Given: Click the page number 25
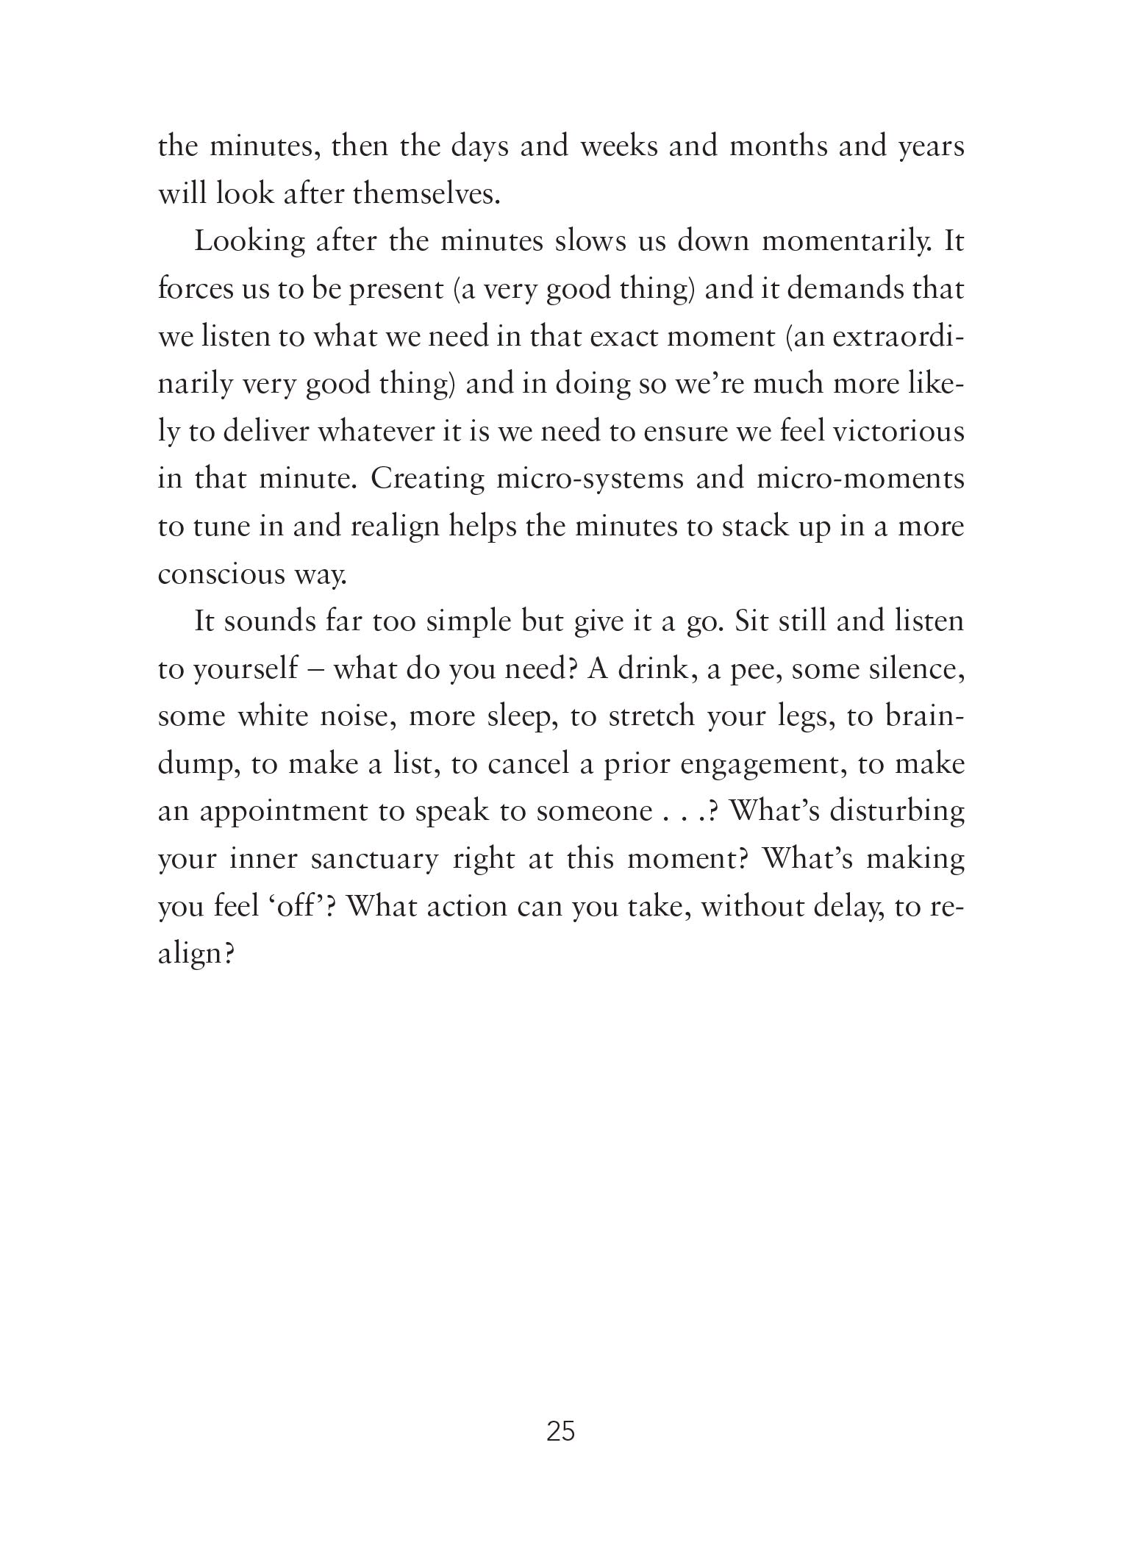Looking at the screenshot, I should coord(560,1432).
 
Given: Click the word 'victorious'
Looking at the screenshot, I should coord(898,431).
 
